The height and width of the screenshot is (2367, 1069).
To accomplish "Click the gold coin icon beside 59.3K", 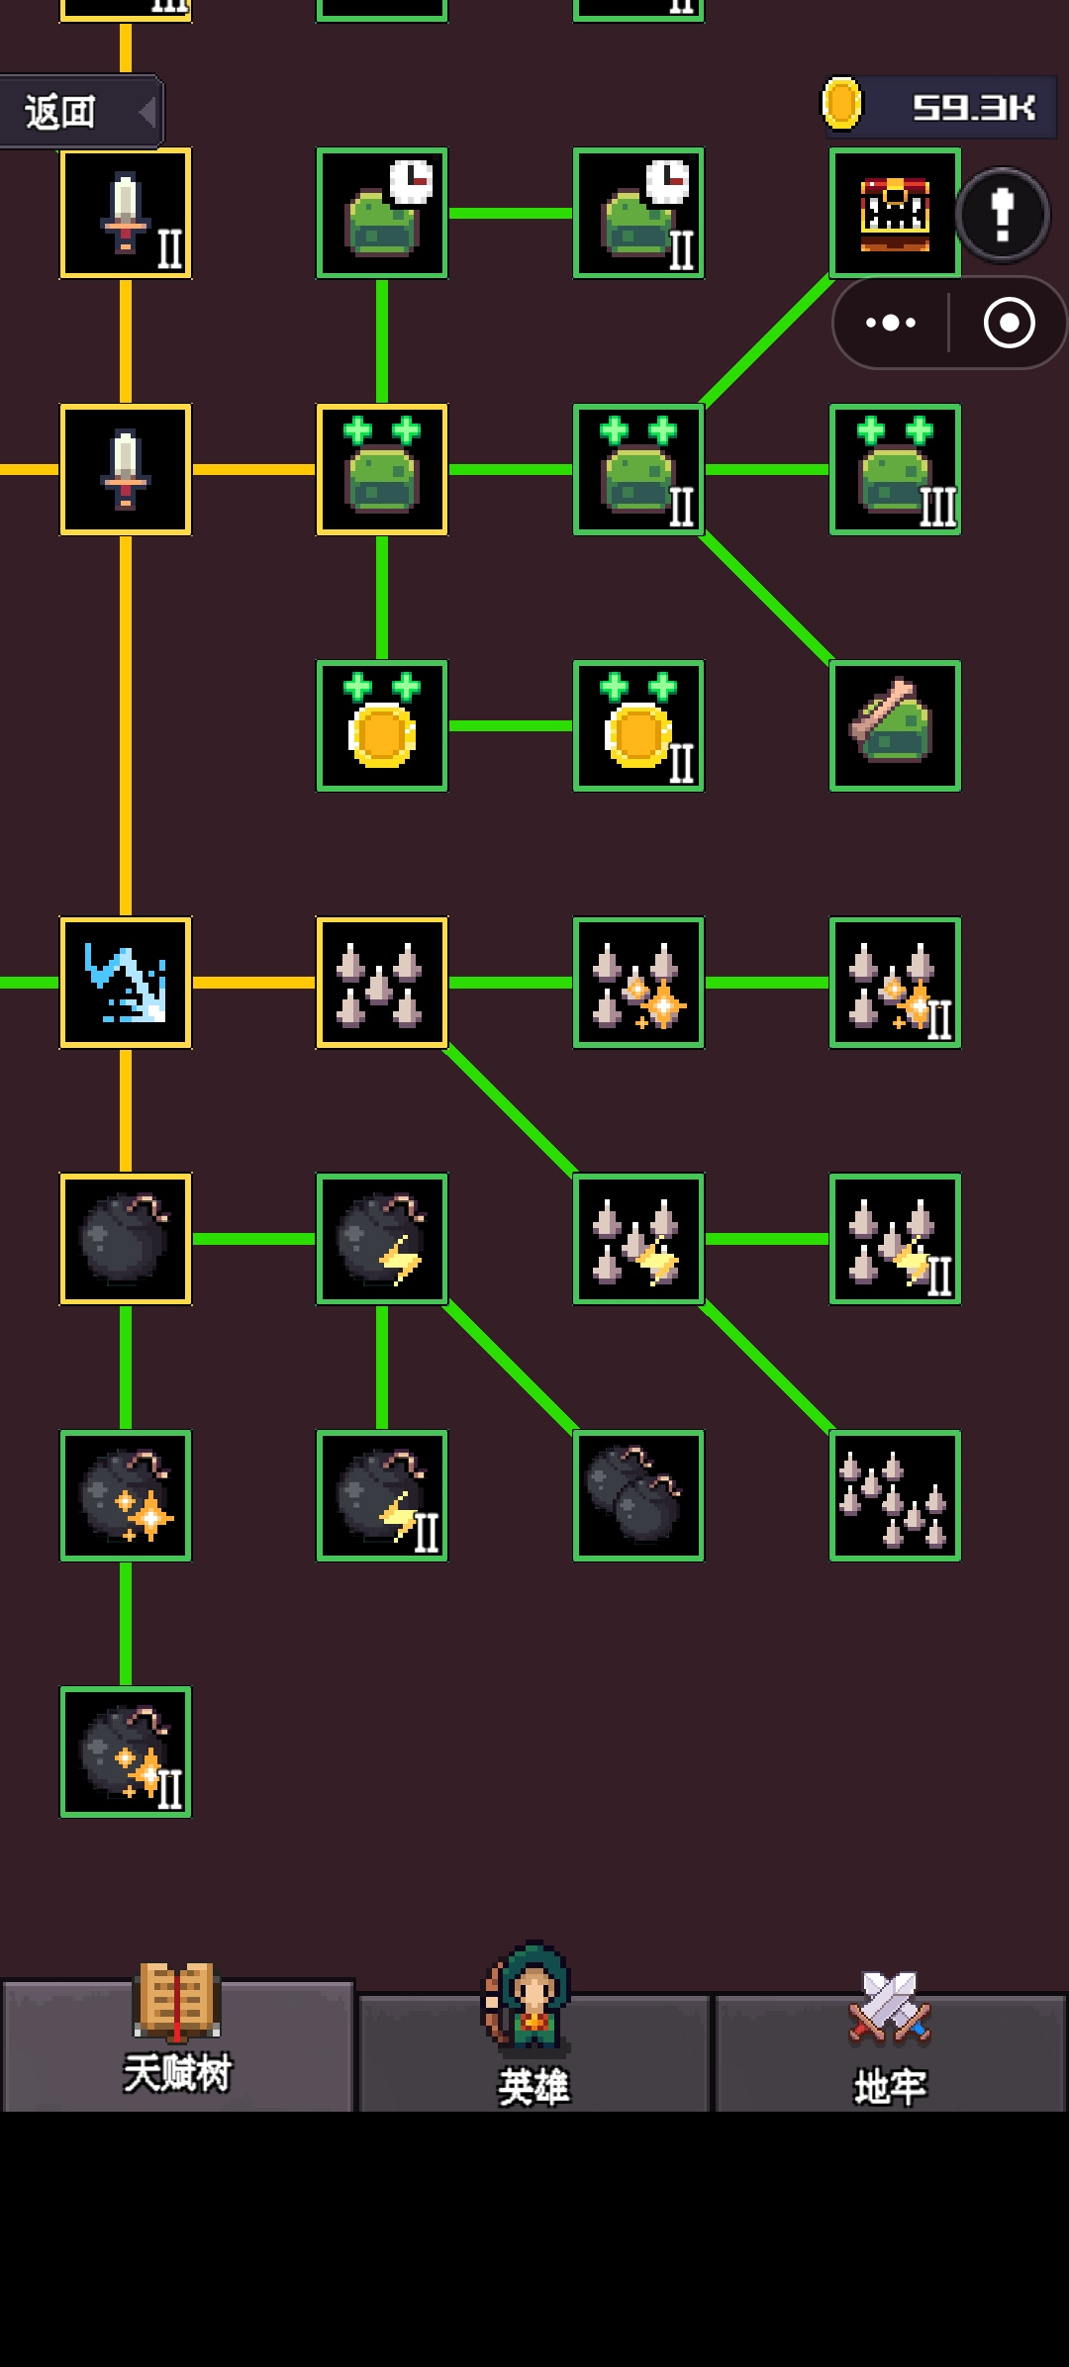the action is [x=842, y=104].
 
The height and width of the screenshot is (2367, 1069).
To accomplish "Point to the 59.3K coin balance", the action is [x=974, y=107].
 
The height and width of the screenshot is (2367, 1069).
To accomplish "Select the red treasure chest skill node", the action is [x=895, y=213].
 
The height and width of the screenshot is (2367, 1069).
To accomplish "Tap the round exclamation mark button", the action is [x=1003, y=214].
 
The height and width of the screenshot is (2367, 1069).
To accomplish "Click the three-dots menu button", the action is [x=891, y=323].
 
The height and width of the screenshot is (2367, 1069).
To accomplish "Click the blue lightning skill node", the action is [x=126, y=983].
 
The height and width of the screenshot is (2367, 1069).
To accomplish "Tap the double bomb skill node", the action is [x=638, y=1495].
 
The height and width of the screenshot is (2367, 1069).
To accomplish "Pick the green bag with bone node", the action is [x=895, y=726].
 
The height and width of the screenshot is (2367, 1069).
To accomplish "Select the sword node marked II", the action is [x=126, y=213].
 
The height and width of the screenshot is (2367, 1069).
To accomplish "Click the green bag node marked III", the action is [x=895, y=469].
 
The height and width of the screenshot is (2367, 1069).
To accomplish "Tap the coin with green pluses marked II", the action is [x=638, y=726].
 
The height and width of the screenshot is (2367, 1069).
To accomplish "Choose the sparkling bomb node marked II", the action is [x=126, y=1752].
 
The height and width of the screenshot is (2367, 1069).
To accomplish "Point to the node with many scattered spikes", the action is [x=895, y=1495].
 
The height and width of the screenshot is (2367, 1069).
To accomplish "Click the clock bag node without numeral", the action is [x=382, y=213].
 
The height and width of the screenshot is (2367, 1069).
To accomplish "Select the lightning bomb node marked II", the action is [x=382, y=1495].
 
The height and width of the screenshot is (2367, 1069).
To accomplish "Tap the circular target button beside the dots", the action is [x=1010, y=323].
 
